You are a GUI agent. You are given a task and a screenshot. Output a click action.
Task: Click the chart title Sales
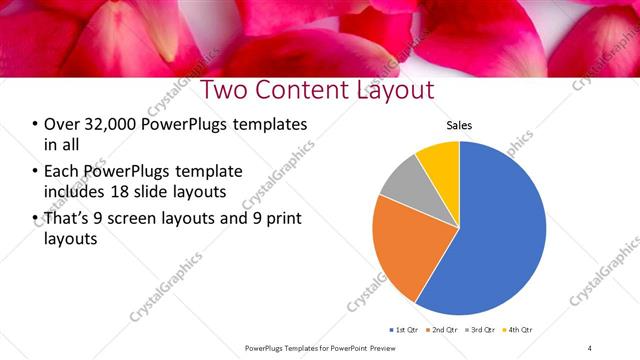coord(459,126)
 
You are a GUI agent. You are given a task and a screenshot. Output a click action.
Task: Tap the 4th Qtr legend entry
coord(521,329)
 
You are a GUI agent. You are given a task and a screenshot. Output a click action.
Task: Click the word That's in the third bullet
coord(70,218)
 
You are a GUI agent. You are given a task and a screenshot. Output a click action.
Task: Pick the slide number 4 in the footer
coord(590,347)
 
